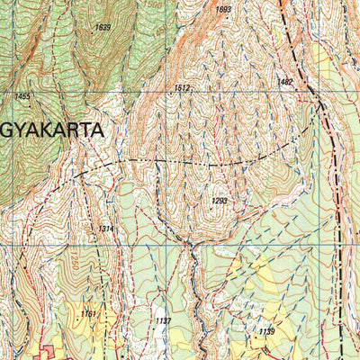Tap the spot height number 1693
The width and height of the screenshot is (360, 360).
point(223,10)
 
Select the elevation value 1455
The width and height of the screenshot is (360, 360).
point(22,96)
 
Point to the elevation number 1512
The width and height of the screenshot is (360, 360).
point(182,88)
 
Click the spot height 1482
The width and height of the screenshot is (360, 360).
point(285,82)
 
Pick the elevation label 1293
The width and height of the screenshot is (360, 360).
point(220,201)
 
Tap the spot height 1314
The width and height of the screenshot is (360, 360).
point(106,229)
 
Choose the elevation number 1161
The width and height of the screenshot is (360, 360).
point(87,313)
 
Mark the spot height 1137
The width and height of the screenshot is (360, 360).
point(163,320)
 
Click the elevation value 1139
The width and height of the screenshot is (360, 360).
point(266,332)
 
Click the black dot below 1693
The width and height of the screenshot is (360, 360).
point(223,18)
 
